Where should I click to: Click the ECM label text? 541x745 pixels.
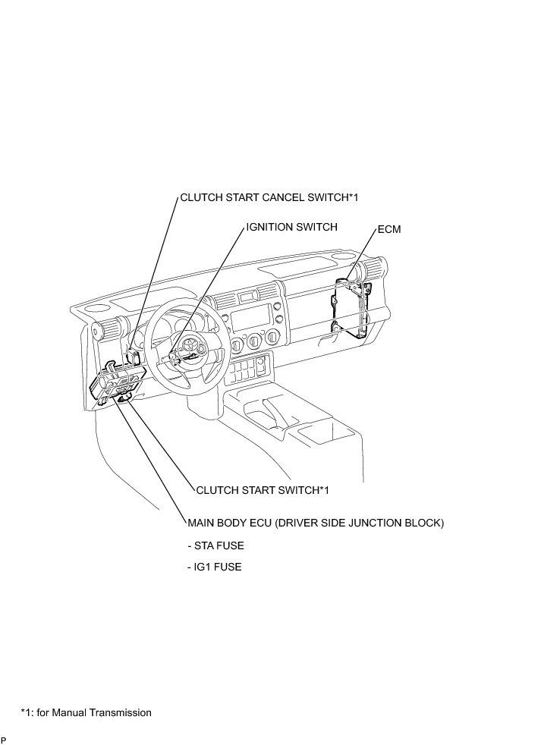[388, 228]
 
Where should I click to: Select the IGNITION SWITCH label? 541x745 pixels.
[291, 226]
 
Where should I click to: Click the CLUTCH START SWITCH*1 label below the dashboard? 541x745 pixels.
[263, 489]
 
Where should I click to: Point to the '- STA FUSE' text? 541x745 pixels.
[216, 545]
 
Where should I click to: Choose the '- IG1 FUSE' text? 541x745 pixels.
[215, 567]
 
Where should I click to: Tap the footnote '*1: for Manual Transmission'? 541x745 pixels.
[86, 712]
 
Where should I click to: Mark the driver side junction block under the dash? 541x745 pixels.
[118, 379]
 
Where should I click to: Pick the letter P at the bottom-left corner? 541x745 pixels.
[3, 740]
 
